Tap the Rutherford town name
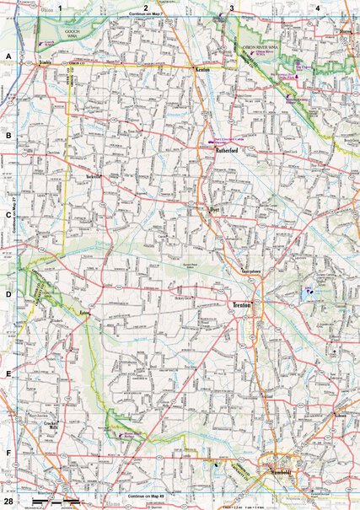[228, 152]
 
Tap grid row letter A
[8, 56]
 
